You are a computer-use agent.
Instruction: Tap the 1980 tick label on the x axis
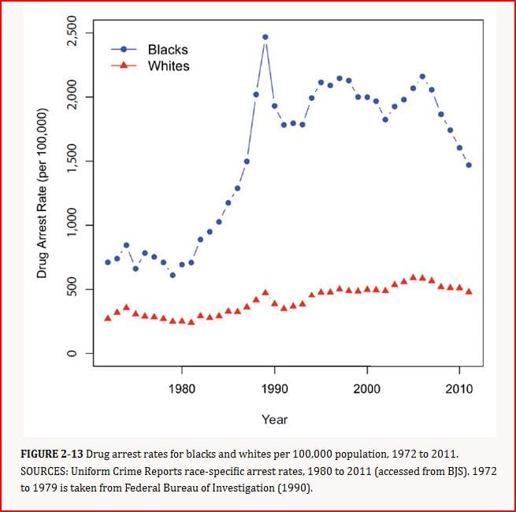182,388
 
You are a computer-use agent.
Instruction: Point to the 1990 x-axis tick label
274,388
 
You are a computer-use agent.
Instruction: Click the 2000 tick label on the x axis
367,388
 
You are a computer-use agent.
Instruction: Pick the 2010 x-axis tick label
459,388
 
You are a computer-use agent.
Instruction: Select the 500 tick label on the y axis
70,290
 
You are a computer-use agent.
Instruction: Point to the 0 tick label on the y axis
70,354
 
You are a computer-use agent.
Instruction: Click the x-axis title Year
274,420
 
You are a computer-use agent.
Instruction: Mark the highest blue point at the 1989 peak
265,37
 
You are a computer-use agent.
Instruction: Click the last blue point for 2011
469,165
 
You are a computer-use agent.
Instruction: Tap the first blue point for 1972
108,262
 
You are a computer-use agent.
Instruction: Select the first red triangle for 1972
108,317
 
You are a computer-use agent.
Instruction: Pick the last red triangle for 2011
469,291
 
